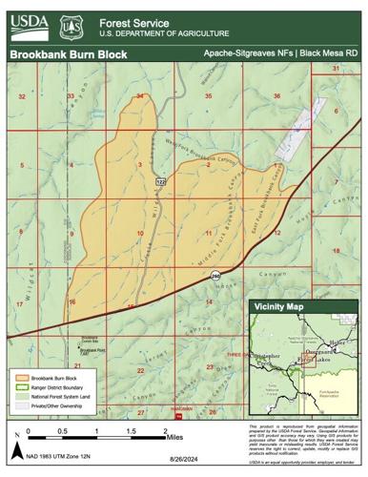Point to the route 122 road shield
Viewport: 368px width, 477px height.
click(x=161, y=180)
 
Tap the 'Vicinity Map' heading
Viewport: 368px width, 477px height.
click(x=282, y=308)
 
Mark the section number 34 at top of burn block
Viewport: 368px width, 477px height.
click(x=140, y=96)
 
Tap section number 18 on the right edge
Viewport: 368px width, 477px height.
click(x=336, y=250)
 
